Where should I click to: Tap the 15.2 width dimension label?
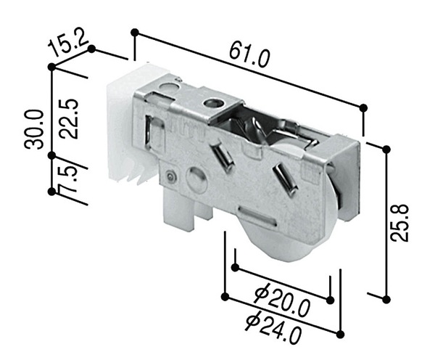tap(67, 44)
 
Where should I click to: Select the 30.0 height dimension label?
tap(34, 130)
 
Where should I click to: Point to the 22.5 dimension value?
tap(70, 118)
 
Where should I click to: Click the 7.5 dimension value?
tap(67, 179)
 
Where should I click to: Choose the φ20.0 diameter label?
tap(281, 299)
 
